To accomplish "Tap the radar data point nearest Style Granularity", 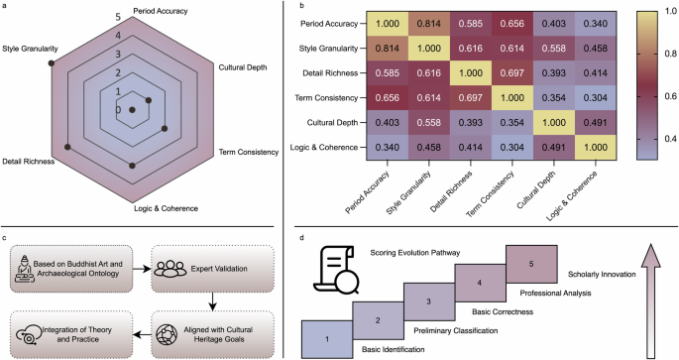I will point(52,63).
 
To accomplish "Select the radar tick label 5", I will point(118,18).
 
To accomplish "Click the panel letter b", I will point(286,6).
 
